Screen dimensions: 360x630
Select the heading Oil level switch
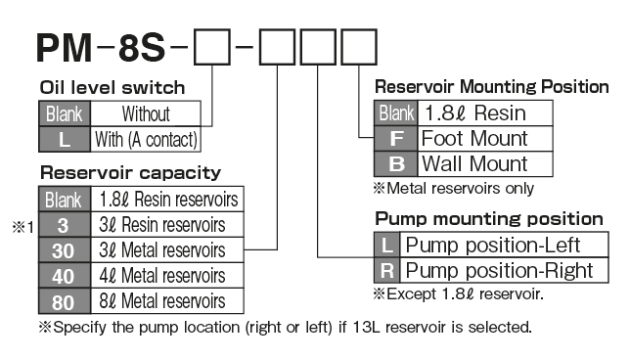[x=112, y=88]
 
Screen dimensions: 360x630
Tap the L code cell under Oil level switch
[x=65, y=139]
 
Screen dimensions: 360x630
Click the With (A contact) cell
[x=146, y=139]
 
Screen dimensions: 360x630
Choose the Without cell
[x=146, y=113]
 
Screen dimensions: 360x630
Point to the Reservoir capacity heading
[x=130, y=172]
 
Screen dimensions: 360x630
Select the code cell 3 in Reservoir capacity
[x=65, y=224]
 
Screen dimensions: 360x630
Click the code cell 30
[x=65, y=249]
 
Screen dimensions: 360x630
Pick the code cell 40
[x=65, y=275]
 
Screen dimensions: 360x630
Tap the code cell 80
[x=65, y=300]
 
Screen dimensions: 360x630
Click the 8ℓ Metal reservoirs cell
[x=168, y=300]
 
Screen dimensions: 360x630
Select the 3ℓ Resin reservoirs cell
[x=168, y=224]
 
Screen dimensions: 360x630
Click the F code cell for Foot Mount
[x=396, y=138]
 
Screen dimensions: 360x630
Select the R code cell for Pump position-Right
[x=386, y=269]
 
